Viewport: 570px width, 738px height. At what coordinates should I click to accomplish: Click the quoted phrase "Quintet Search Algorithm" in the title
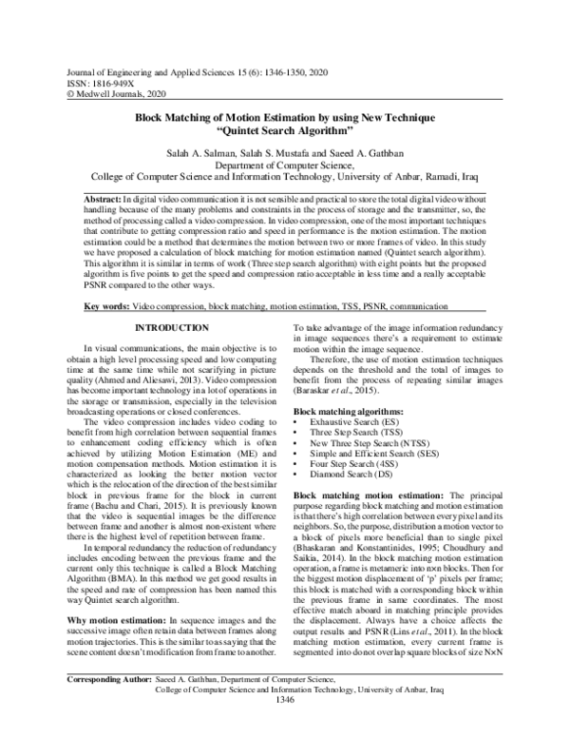284,130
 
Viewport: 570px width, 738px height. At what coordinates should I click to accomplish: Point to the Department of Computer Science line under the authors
284,165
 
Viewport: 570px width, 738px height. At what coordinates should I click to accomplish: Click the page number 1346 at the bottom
284,728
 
